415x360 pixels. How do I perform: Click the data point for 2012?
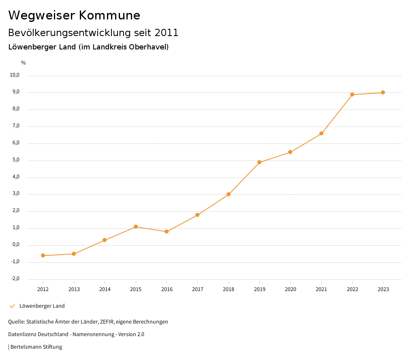click(43, 255)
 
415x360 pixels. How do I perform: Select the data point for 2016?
click(167, 231)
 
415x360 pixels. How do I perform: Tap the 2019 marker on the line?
click(259, 162)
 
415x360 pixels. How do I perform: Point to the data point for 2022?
click(352, 94)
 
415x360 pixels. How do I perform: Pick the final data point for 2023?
click(383, 92)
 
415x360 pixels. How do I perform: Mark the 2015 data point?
click(136, 227)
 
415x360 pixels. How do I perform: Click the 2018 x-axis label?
click(229, 289)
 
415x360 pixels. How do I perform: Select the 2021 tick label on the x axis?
click(321, 289)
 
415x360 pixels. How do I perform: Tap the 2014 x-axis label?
click(105, 289)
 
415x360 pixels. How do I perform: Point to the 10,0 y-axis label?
click(14, 75)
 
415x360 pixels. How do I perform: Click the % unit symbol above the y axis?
click(24, 63)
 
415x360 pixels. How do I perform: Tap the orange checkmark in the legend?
click(12, 306)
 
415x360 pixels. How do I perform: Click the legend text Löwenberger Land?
click(42, 306)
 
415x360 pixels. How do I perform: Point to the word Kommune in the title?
click(109, 15)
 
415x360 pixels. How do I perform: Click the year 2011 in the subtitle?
click(167, 32)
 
